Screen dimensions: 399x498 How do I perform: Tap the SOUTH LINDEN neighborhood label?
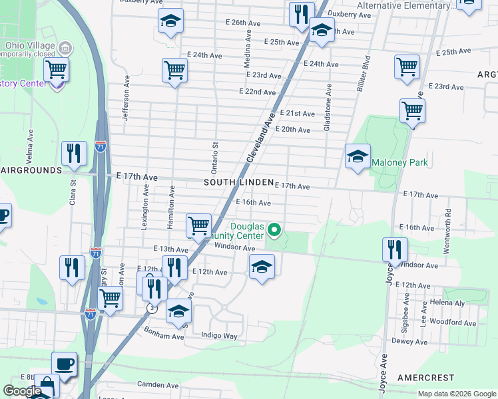point(238,182)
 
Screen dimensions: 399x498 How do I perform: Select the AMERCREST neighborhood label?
point(425,377)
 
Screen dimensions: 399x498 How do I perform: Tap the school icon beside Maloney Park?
point(358,157)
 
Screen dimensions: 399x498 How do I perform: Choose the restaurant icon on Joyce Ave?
point(395,250)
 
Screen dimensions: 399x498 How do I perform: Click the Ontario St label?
point(215,155)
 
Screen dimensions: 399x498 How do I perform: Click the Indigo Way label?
point(219,336)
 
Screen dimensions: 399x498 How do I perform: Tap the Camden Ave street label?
point(158,384)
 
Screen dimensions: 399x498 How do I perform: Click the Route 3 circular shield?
point(154,309)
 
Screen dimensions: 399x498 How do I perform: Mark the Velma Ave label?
point(30,143)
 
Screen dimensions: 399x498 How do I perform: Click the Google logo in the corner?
point(22,391)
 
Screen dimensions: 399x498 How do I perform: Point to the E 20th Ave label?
point(292,130)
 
